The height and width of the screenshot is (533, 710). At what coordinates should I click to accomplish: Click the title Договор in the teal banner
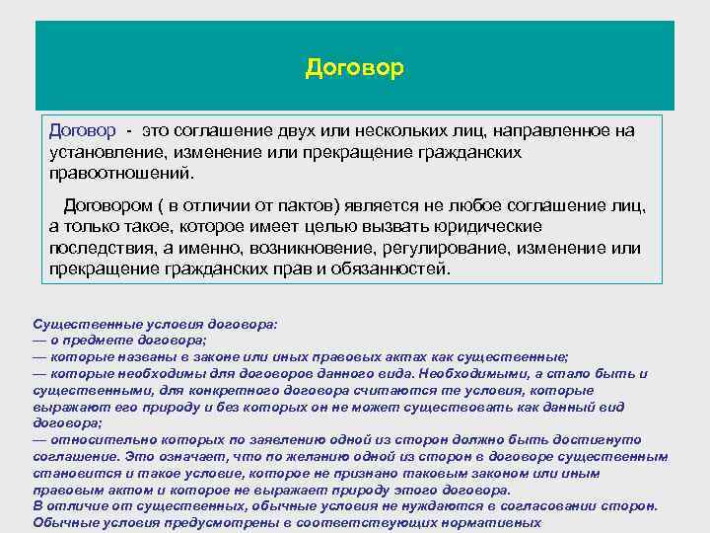[355, 67]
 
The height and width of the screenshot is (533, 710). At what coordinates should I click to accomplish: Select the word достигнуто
[590, 439]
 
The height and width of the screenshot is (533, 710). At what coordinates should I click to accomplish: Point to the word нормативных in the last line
[494, 523]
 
